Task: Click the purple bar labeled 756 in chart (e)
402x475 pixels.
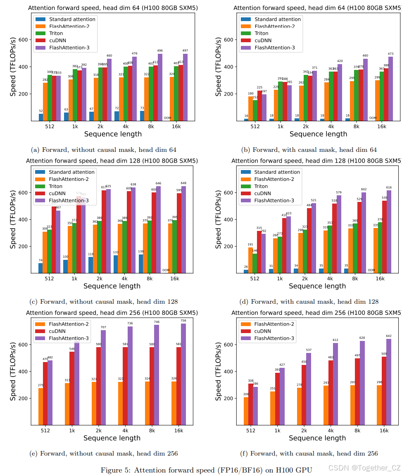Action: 183,374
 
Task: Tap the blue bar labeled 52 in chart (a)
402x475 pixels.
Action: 41,117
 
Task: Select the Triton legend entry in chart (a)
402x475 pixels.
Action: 56,34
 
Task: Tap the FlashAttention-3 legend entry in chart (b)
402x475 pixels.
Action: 275,48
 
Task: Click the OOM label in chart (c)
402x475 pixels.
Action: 166,270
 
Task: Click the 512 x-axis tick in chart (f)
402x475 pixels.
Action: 250,430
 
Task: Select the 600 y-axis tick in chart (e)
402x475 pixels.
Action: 24,345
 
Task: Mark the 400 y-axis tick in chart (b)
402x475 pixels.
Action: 229,67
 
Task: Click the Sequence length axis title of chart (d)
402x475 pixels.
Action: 317,286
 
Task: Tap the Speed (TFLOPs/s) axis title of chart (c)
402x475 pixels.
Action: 13,219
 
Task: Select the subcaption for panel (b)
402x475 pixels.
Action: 309,149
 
